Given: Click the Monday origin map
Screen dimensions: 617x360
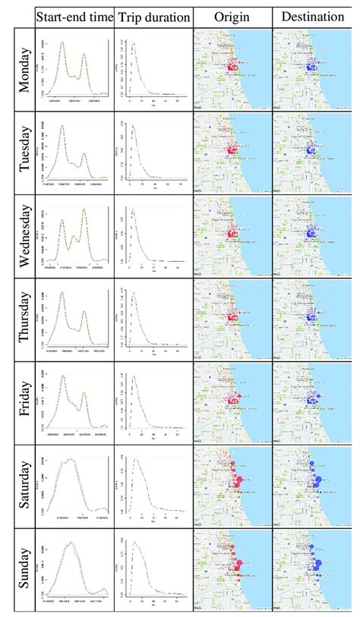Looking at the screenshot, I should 231,71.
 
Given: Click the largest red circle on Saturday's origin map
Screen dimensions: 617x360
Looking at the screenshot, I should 236,480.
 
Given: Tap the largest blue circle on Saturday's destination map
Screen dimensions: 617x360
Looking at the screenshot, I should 314,480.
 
